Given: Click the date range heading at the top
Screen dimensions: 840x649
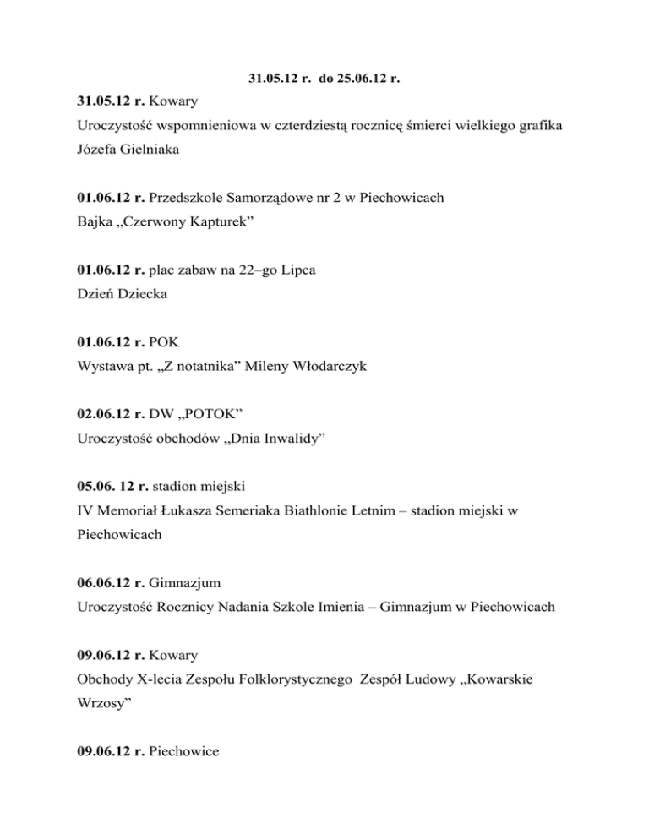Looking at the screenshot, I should click(x=324, y=79).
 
